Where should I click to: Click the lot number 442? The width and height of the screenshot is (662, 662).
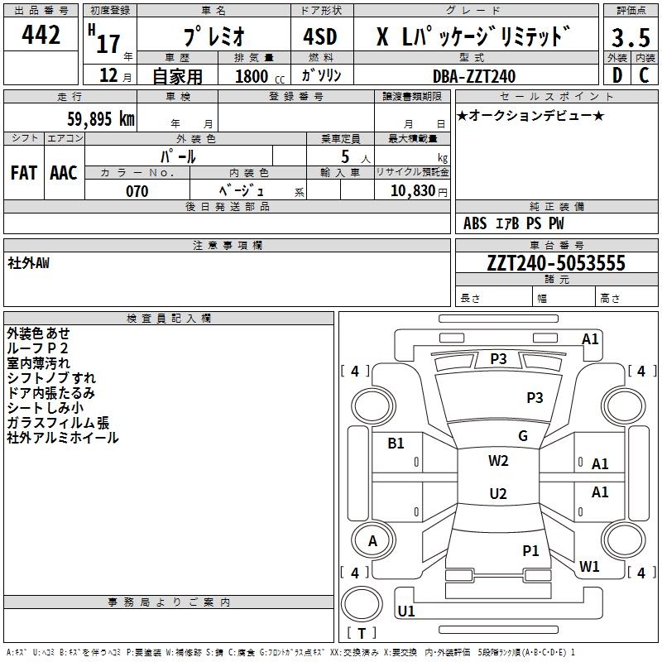click(41, 35)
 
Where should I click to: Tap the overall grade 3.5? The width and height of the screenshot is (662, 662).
click(631, 37)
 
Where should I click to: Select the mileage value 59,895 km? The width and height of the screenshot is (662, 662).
click(101, 118)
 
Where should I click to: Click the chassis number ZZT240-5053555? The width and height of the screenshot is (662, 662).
click(556, 263)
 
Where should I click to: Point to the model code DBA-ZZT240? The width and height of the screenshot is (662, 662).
click(474, 76)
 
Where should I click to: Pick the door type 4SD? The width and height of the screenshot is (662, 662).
click(320, 36)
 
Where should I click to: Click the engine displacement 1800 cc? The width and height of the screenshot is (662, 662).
click(260, 76)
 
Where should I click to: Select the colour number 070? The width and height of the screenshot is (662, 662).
click(137, 191)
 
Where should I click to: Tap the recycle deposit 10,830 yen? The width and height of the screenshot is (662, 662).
click(419, 191)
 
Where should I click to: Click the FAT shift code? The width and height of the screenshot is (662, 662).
click(24, 173)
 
